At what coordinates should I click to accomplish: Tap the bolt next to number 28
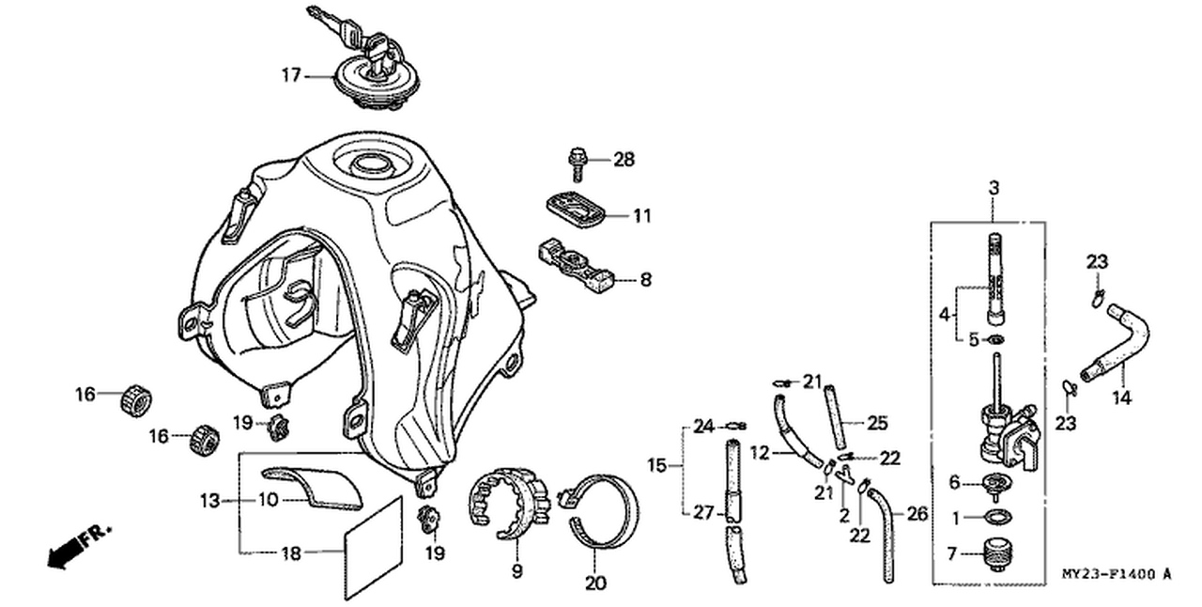pos(575,164)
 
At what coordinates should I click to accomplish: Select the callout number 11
pos(641,216)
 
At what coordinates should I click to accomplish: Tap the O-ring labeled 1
pos(994,516)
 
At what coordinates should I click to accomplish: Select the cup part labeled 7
pos(994,552)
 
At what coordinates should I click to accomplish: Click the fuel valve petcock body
pos(1005,432)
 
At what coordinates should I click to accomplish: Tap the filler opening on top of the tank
pos(370,166)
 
